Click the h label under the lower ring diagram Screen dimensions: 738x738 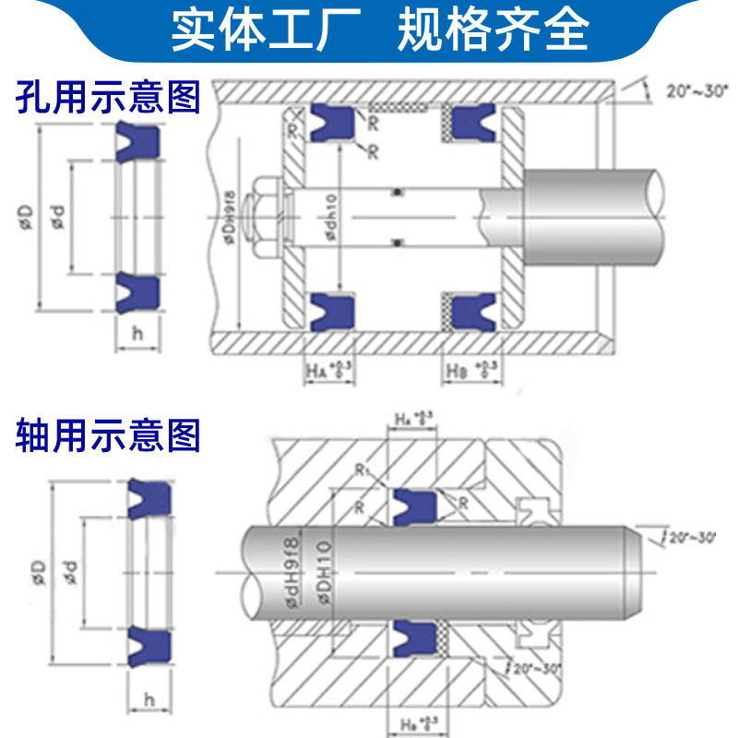pos(148,699)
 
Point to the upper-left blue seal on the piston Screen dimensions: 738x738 pos(330,122)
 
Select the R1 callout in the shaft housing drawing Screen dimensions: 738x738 pos(363,469)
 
